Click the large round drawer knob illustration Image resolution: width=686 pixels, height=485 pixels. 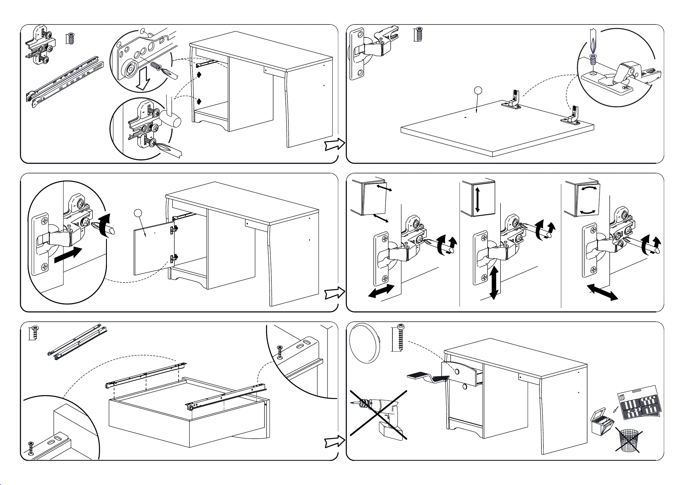(364, 343)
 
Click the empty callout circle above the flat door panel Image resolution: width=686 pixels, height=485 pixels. (478, 90)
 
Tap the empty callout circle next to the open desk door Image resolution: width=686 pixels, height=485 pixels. (138, 213)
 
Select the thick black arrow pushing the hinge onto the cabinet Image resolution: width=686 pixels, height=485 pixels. (68, 255)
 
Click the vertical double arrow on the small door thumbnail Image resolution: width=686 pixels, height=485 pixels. (477, 199)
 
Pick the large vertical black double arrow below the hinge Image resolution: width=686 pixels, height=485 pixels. (493, 282)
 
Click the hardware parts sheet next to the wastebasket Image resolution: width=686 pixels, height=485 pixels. (639, 402)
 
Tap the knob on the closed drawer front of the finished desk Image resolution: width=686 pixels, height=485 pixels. (457, 372)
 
